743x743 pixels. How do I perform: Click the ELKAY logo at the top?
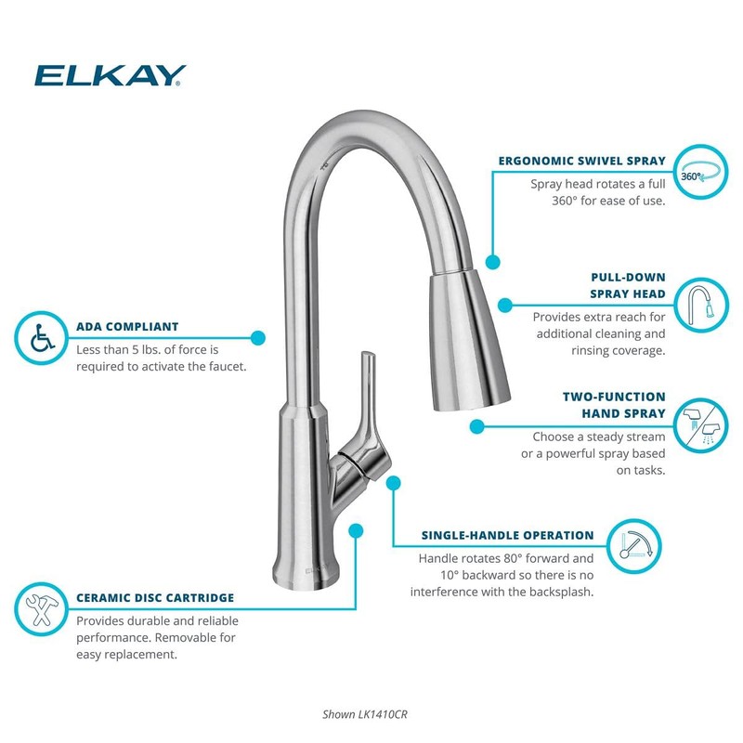coord(111,74)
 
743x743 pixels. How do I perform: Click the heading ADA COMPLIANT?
coord(127,327)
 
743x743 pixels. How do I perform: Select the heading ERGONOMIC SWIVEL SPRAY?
coord(581,161)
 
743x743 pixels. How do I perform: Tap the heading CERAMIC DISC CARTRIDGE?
coord(155,598)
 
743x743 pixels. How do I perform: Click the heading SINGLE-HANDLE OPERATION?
coord(507,536)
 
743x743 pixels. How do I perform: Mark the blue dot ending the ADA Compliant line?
coord(258,339)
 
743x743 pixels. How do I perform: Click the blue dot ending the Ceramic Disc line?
coord(355,530)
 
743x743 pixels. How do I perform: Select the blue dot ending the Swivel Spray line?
coord(492,263)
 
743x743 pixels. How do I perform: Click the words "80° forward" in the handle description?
coord(533,559)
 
